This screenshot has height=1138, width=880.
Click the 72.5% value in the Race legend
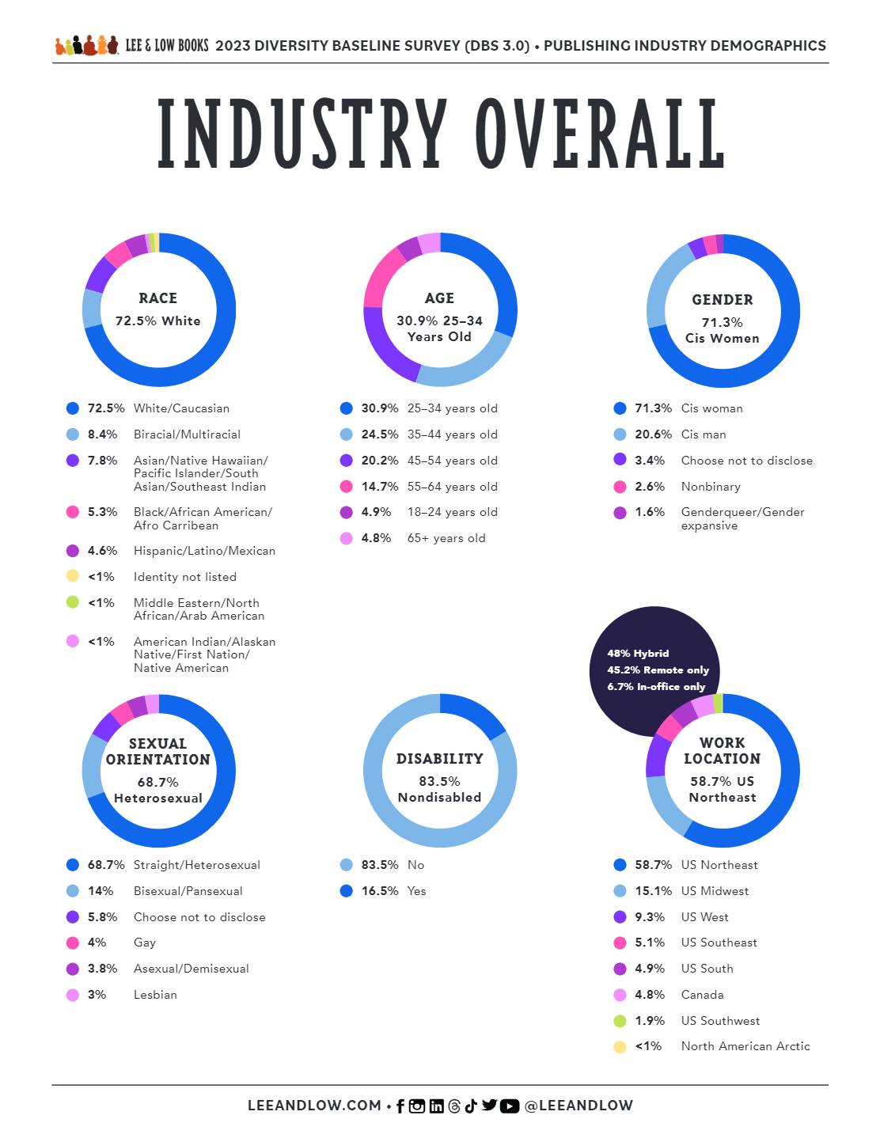[105, 408]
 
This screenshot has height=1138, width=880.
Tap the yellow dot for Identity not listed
[73, 576]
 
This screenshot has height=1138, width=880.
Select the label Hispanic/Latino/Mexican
[204, 551]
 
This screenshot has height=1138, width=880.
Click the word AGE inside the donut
[439, 298]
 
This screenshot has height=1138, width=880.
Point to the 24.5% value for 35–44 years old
[379, 434]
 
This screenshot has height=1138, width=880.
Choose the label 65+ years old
[446, 538]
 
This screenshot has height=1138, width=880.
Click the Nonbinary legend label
[711, 487]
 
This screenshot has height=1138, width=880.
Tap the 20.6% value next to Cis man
[653, 434]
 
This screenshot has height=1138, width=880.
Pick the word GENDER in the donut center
[723, 300]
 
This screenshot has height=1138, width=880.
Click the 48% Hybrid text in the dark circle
[638, 654]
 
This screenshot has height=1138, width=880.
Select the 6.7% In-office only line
[656, 687]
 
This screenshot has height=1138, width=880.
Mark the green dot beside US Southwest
[620, 1021]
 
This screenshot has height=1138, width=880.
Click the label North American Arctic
[745, 1046]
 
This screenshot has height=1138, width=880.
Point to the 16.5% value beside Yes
[379, 891]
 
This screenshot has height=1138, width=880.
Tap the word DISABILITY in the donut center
[439, 759]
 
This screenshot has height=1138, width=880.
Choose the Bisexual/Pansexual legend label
[188, 891]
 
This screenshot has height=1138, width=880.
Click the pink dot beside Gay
[73, 943]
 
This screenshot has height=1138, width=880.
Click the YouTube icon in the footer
[510, 1106]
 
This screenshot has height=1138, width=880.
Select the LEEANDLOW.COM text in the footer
[314, 1106]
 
